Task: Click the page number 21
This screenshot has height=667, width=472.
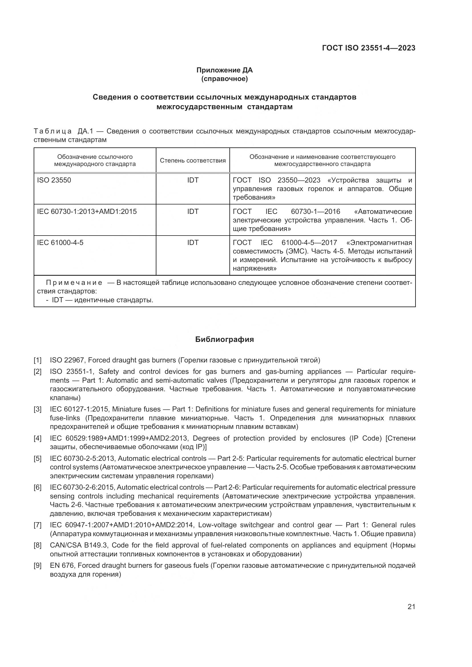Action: [411, 607]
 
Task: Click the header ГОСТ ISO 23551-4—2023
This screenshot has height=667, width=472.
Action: [368, 48]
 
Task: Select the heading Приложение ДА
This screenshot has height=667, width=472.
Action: [224, 70]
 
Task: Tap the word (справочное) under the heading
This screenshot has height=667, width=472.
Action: [224, 79]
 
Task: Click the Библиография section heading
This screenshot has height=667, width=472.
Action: [224, 339]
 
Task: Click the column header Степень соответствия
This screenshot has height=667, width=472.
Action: [193, 161]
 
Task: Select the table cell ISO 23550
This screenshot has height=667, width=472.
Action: [54, 180]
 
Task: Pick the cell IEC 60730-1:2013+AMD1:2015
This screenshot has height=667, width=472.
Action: [87, 212]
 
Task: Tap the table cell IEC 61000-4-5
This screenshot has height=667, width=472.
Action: [60, 243]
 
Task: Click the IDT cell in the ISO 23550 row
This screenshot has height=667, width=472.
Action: [193, 180]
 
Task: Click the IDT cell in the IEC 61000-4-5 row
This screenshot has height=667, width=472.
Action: [193, 243]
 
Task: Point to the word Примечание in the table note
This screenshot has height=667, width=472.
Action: [74, 283]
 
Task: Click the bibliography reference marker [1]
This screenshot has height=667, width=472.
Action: [38, 360]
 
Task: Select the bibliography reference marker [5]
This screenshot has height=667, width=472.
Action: [38, 459]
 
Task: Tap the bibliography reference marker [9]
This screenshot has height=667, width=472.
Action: [38, 565]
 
